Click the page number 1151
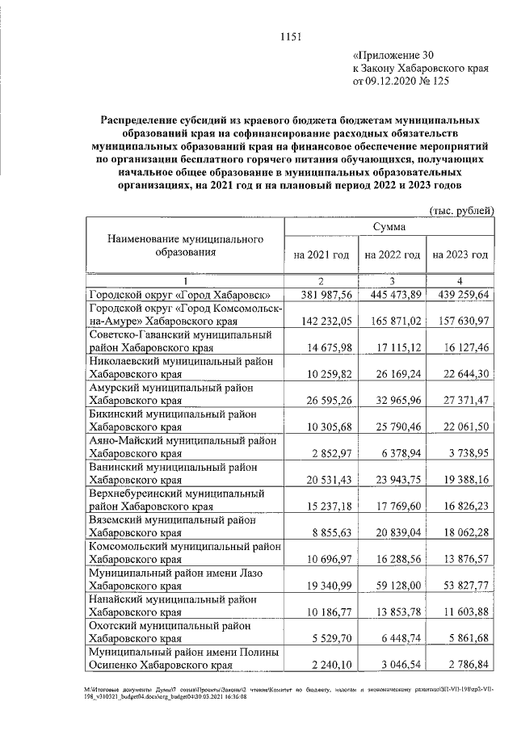point(291,36)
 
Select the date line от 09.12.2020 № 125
point(400,82)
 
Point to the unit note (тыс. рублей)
point(460,210)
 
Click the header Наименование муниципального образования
point(186,246)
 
